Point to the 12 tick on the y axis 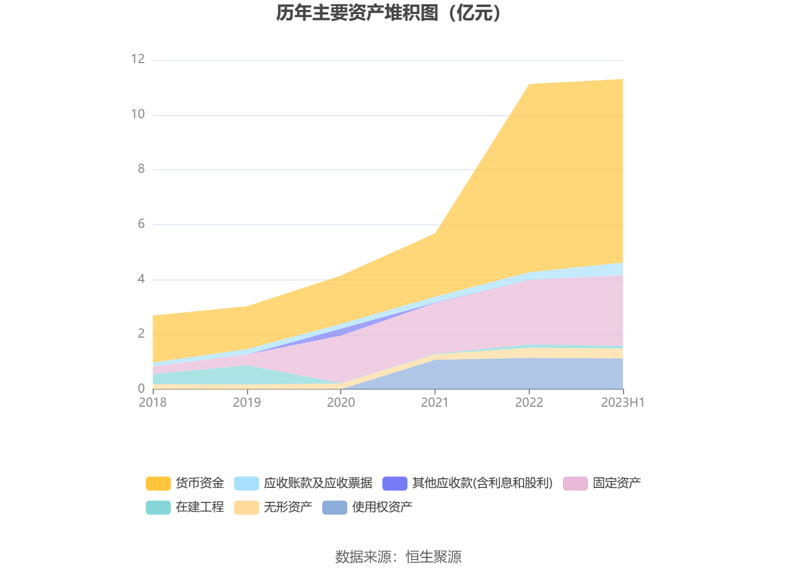tap(138, 59)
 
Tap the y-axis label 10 tap(138, 114)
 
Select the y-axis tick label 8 tap(141, 169)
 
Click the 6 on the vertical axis tap(141, 224)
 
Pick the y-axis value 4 tap(141, 279)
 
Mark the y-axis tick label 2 tap(141, 334)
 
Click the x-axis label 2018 tap(152, 402)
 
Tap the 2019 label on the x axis tap(247, 402)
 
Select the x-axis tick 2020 tap(341, 402)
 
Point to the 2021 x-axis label tap(435, 402)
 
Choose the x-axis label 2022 tap(529, 402)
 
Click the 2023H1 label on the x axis tap(623, 402)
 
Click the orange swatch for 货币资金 tap(158, 483)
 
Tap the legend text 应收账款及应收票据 tap(318, 483)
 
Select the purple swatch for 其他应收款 tap(394, 483)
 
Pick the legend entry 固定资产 tap(617, 483)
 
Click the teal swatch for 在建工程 tap(158, 507)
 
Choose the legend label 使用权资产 tap(382, 507)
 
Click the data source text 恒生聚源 tap(433, 556)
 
